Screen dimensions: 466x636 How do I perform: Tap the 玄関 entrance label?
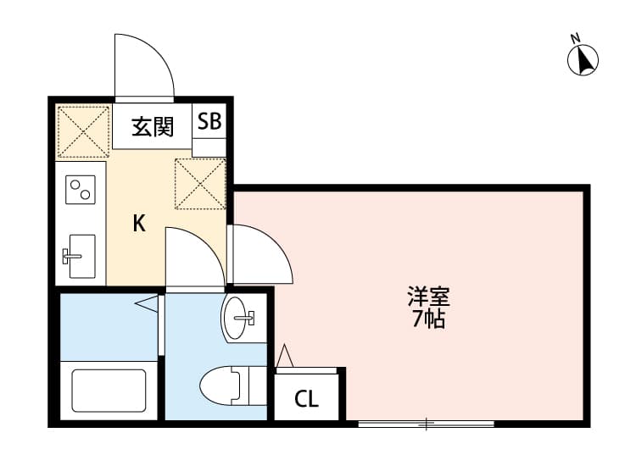pos(153,127)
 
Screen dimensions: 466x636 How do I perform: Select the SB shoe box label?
pos(209,121)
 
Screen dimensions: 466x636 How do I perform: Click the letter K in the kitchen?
pos(139,224)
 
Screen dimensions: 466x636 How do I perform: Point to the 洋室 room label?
pos(428,297)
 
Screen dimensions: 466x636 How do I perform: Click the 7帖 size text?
pos(428,319)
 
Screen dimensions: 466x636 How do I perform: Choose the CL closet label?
pos(306,399)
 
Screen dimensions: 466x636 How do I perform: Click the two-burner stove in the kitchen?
pos(81,190)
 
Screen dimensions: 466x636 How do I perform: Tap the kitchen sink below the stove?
pos(81,255)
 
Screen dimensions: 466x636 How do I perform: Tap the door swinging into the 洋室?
pos(262,254)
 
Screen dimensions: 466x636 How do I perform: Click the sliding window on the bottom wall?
pos(427,422)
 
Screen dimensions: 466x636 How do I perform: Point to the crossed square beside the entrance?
pos(83,131)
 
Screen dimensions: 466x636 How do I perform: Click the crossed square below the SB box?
pos(199,183)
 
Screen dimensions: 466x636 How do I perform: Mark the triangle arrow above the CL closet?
pos(284,357)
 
